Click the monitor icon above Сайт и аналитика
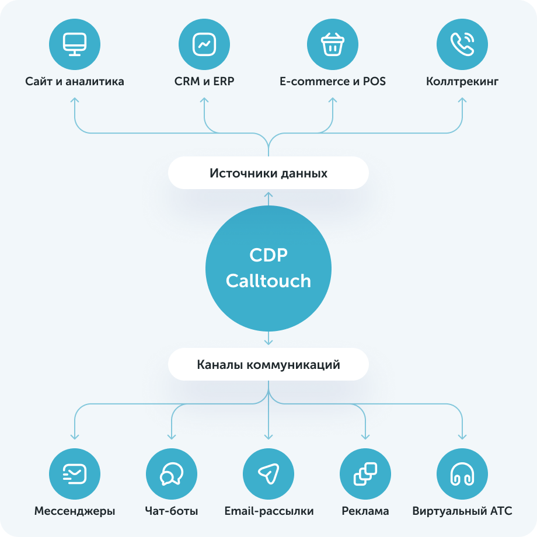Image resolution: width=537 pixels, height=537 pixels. [75, 44]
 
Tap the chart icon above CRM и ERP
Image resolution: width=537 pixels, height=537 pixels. [204, 44]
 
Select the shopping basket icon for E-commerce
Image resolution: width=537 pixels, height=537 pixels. [333, 44]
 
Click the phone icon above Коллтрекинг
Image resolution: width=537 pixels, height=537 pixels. [462, 44]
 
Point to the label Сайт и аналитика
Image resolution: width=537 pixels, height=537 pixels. [75, 81]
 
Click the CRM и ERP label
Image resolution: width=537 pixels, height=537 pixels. [204, 81]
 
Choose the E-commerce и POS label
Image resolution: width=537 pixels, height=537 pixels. [333, 81]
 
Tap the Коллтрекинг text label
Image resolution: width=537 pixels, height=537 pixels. [462, 81]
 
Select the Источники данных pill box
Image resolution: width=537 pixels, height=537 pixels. [268, 173]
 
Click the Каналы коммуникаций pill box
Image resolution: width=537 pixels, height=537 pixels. [268, 365]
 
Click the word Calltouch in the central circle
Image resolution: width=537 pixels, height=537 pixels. [268, 281]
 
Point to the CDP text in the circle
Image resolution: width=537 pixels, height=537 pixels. [268, 256]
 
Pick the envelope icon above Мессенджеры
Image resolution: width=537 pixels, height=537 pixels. [75, 473]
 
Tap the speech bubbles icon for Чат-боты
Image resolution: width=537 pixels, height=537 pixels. [172, 473]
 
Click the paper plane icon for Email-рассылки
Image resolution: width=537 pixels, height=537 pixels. [268, 473]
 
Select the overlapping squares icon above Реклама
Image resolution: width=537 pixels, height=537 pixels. [365, 473]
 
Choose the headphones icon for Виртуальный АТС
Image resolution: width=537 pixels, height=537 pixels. [462, 473]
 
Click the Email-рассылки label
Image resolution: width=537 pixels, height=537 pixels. [268, 511]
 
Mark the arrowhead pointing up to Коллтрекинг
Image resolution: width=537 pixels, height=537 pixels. [462, 100]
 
